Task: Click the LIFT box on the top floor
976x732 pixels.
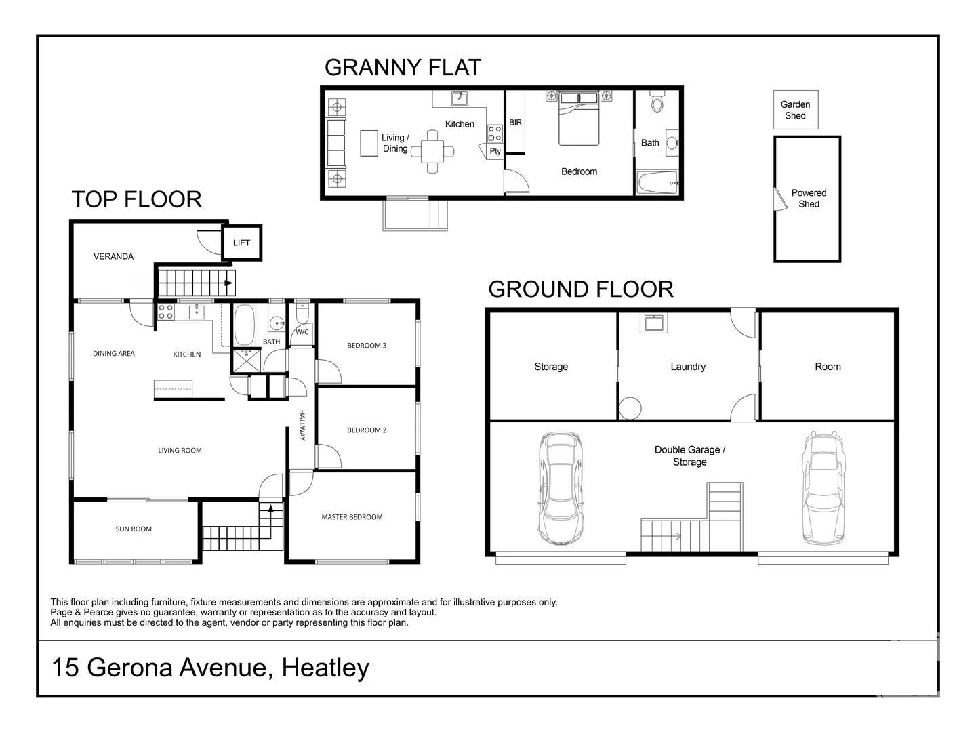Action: (241, 243)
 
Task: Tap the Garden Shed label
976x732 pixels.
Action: (795, 110)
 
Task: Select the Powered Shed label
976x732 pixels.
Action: (809, 198)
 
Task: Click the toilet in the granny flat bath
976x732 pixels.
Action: (657, 102)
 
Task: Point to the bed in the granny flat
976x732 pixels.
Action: (579, 118)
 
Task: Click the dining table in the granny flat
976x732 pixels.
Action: (432, 152)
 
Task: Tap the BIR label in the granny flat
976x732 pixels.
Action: (515, 122)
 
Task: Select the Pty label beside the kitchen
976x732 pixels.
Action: (495, 151)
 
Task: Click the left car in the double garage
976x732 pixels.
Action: (561, 488)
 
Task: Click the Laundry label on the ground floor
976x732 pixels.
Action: (688, 367)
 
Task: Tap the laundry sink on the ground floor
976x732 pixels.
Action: (653, 323)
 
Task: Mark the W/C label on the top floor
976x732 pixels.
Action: (302, 332)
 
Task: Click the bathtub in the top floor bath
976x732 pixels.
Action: (244, 325)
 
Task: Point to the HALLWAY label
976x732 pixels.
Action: (302, 426)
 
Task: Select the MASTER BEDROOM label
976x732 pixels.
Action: (352, 517)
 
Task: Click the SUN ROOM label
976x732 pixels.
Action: (134, 529)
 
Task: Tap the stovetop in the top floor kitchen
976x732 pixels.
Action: (166, 311)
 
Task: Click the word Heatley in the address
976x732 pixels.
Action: (325, 668)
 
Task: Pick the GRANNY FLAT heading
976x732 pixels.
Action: (403, 68)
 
